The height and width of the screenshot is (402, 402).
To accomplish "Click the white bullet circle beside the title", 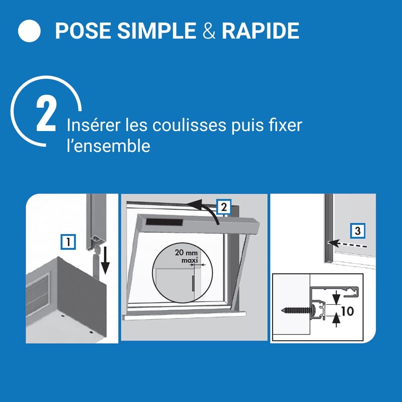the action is [29, 31].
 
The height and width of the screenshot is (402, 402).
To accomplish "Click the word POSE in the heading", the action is [83, 31].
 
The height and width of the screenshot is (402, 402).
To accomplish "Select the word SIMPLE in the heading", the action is [157, 31].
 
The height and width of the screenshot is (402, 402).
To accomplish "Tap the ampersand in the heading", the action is [209, 31].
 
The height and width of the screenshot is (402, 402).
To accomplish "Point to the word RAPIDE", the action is [260, 31].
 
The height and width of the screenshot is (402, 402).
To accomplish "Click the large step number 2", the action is [46, 115].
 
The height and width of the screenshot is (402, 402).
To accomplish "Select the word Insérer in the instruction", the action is [93, 125].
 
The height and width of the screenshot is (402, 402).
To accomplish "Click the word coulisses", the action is [189, 125].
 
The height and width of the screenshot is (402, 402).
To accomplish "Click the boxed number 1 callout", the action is [68, 242].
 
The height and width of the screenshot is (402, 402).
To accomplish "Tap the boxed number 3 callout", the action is [358, 231].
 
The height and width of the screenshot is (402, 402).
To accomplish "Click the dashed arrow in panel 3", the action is [347, 244].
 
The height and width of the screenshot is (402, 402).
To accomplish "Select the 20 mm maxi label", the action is [187, 256].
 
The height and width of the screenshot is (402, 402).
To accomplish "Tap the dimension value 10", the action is [347, 311].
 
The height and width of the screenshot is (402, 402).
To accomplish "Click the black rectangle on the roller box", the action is [164, 222].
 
